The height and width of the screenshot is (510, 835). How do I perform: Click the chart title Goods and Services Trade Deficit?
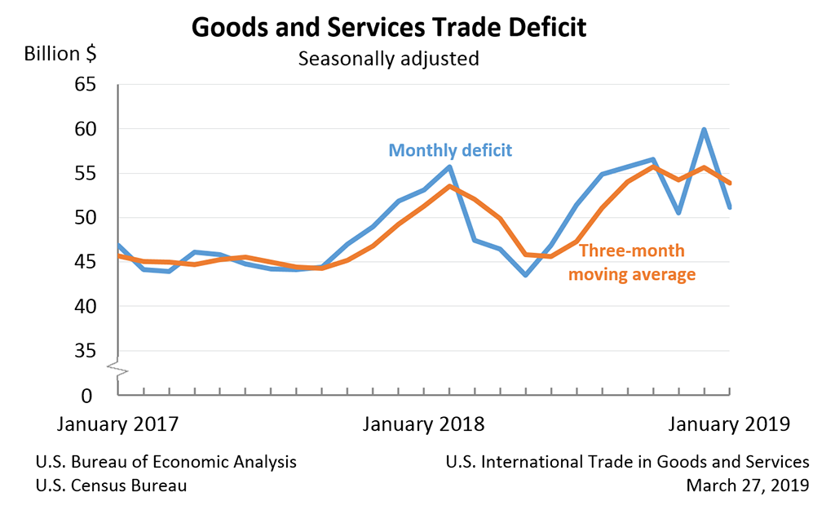(388, 27)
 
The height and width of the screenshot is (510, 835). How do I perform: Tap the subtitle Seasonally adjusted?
(388, 60)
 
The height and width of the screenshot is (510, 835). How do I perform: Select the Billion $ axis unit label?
(60, 55)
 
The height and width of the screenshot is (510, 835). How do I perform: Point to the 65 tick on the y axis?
(85, 85)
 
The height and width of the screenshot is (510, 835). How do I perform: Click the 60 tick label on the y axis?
(85, 129)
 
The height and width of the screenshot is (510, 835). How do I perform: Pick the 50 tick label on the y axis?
(85, 218)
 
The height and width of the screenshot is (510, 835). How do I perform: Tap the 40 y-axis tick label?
(85, 307)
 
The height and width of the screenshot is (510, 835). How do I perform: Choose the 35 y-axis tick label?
(85, 351)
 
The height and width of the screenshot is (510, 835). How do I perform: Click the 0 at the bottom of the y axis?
(90, 395)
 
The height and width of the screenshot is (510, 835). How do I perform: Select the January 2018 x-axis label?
(423, 424)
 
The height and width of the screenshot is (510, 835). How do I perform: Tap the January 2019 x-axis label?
(729, 424)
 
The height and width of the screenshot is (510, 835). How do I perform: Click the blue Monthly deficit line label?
(450, 150)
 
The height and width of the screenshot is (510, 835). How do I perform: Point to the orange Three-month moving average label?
(632, 263)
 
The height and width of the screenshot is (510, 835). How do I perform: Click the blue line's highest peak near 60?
(704, 129)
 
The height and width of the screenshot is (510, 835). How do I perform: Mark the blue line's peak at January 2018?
(449, 166)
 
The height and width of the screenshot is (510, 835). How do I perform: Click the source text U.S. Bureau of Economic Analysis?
(166, 462)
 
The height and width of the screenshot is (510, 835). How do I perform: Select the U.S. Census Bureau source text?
(112, 486)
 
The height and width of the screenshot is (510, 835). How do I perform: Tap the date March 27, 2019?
(748, 486)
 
